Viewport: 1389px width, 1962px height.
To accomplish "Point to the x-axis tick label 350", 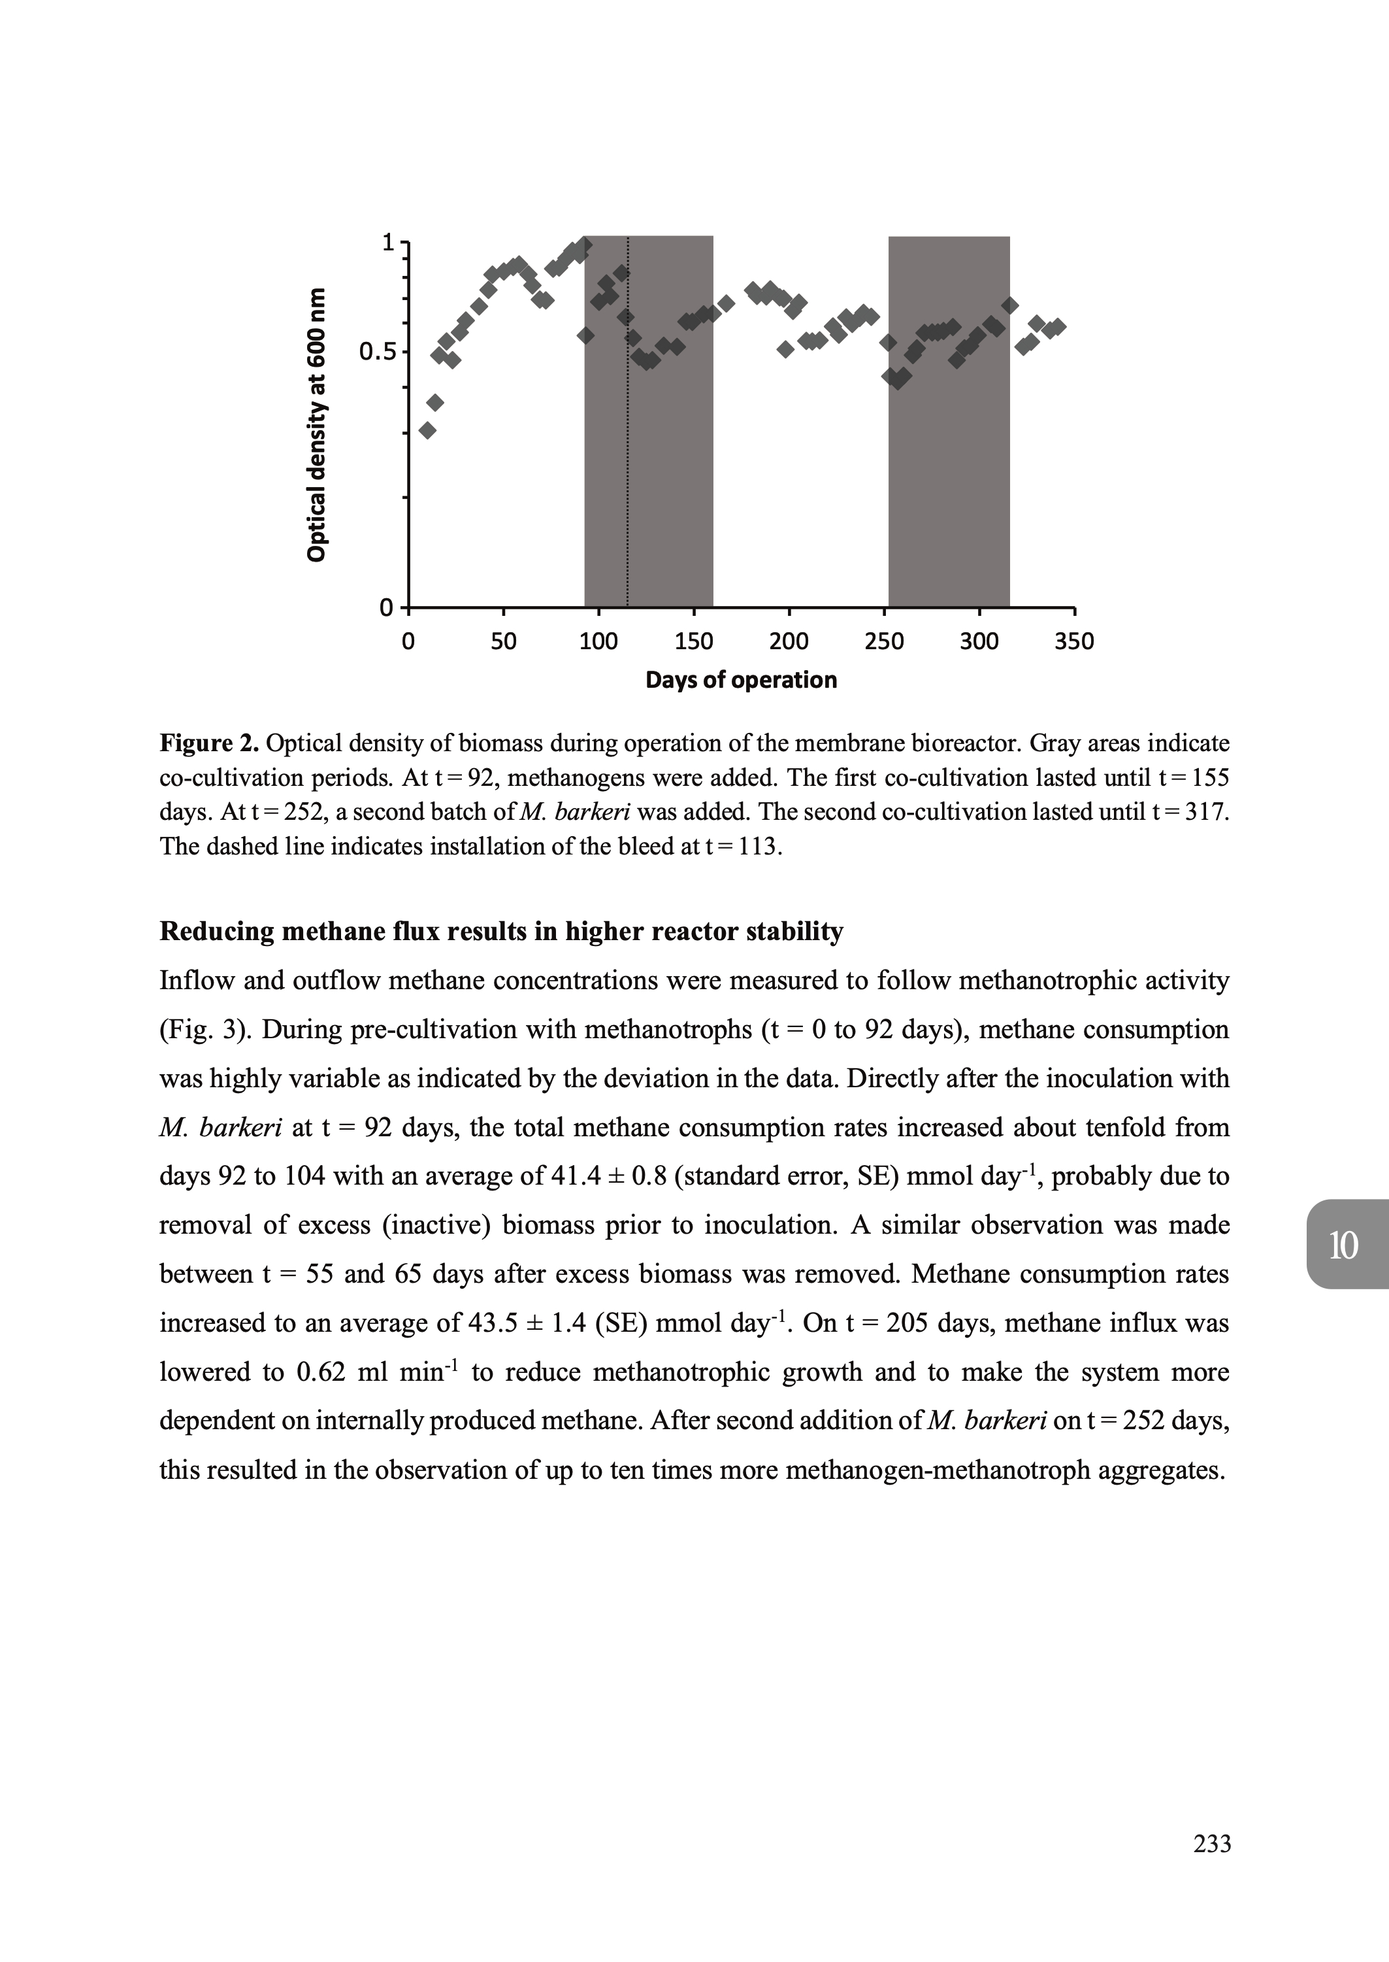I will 1074,642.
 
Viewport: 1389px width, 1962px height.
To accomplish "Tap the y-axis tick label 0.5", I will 376,352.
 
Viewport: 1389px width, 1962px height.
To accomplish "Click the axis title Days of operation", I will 741,680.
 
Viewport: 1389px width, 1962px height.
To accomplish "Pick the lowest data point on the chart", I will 428,430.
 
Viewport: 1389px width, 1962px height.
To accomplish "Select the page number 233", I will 1212,1868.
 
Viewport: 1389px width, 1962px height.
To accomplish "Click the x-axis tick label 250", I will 883,642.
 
